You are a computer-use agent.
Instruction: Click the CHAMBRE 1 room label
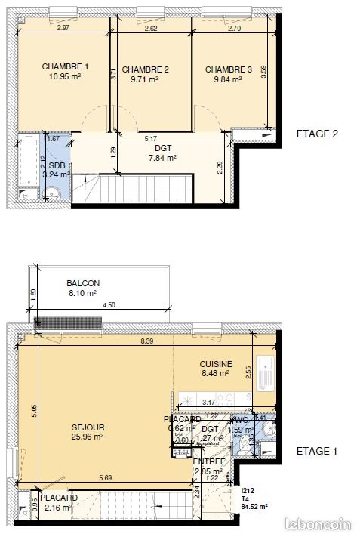(x=66, y=66)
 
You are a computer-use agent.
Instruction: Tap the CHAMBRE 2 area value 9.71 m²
(x=144, y=79)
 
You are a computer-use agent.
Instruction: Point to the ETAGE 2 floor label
(x=317, y=134)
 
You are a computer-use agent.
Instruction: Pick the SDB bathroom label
(x=57, y=165)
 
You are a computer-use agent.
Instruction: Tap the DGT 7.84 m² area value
(x=161, y=158)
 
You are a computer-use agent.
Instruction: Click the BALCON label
(x=83, y=283)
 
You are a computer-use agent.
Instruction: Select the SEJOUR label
(x=89, y=427)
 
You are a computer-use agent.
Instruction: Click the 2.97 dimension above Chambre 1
(x=63, y=28)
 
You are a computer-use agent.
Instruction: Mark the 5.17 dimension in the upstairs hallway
(x=150, y=139)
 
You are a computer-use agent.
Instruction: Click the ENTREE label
(x=208, y=461)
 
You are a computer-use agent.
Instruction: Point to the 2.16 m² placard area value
(x=57, y=508)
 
